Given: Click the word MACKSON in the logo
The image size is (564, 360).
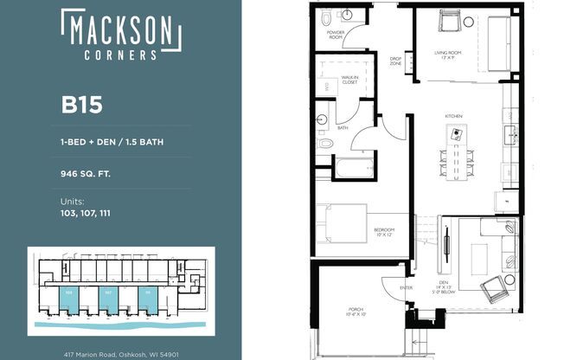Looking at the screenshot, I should point(120,31).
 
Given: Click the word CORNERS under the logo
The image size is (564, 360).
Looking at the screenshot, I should point(120,54).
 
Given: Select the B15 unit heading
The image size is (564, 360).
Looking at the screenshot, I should point(81,106).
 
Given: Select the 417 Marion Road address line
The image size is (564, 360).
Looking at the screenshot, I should point(121,354).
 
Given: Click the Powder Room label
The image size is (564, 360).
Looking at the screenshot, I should point(335,35).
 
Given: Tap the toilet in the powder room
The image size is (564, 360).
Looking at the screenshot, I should point(326,16).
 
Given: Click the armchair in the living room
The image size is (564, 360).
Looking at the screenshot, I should point(447,20).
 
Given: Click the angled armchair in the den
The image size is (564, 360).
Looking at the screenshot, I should point(496,286).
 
